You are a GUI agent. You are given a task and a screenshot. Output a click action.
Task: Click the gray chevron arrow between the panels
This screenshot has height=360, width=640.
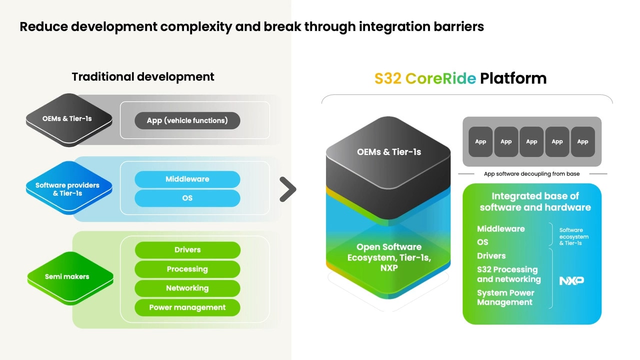[288, 189]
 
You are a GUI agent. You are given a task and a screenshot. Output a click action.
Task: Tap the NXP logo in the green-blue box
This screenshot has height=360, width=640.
[571, 280]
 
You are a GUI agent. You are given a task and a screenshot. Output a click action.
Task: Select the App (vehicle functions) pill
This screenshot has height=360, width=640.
[187, 120]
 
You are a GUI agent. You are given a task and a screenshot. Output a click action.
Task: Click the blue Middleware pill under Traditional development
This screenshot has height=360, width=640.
[187, 179]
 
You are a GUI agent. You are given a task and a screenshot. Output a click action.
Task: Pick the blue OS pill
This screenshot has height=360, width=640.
[187, 198]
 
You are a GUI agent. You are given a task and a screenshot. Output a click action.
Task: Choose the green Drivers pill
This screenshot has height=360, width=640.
[187, 250]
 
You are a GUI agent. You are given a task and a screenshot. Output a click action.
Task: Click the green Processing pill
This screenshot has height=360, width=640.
[187, 269]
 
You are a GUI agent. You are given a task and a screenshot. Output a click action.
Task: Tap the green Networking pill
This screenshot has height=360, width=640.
[187, 288]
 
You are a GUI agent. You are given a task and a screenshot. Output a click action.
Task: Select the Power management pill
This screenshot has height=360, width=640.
[187, 307]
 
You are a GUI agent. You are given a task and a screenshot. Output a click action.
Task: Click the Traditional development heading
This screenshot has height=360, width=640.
[143, 76]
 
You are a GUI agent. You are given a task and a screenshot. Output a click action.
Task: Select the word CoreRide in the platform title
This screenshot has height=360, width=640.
[440, 78]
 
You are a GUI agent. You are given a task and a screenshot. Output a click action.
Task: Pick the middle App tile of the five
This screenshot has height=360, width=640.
[531, 141]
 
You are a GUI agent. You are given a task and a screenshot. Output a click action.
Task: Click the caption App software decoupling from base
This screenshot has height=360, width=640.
[531, 174]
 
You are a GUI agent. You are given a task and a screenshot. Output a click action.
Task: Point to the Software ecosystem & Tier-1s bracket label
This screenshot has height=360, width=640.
[573, 236]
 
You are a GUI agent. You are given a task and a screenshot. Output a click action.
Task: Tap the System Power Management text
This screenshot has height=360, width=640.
[505, 297]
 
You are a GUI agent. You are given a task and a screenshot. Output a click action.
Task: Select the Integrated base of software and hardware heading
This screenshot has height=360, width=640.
[535, 201]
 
